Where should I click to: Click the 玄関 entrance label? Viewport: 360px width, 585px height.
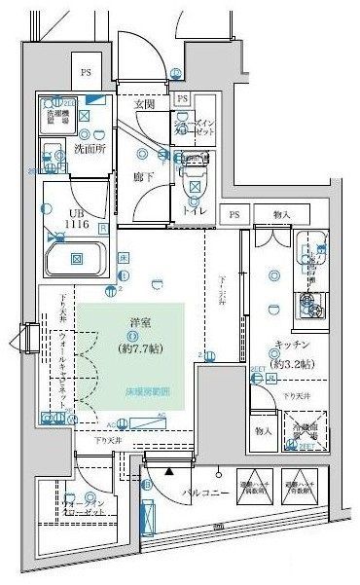tap(144, 104)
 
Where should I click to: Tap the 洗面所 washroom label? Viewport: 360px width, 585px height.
tap(91, 149)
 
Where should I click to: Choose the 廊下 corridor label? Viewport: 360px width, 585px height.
tap(144, 177)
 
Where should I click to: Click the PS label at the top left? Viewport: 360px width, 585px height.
tap(86, 71)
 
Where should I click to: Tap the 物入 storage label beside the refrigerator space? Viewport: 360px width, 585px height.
tap(263, 429)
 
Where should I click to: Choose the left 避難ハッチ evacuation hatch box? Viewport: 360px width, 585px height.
tap(255, 483)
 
